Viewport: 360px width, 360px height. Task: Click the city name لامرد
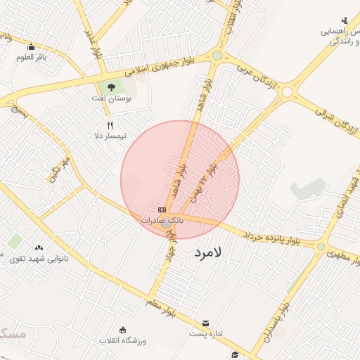206,251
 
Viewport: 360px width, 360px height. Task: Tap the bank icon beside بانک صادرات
162,210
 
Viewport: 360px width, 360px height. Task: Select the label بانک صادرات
162,220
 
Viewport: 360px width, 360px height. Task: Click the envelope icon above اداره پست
205,323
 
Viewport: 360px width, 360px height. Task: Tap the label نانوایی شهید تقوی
39,258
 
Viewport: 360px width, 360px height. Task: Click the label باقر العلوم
32,57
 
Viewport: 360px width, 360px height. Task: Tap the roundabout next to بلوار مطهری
321,247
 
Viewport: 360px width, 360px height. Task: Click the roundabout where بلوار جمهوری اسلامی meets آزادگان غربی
217,55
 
